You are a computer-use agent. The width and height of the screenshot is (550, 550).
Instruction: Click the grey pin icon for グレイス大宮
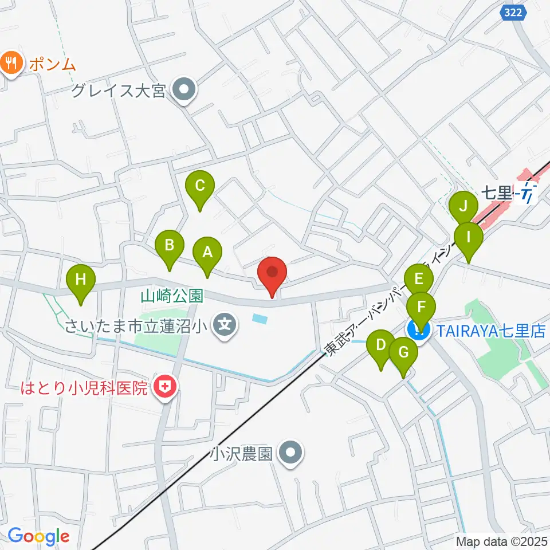pyautogui.click(x=184, y=90)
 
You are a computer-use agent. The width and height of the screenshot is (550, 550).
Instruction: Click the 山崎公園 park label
pyautogui.click(x=172, y=296)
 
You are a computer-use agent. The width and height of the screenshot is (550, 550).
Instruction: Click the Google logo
pyautogui.click(x=38, y=536)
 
